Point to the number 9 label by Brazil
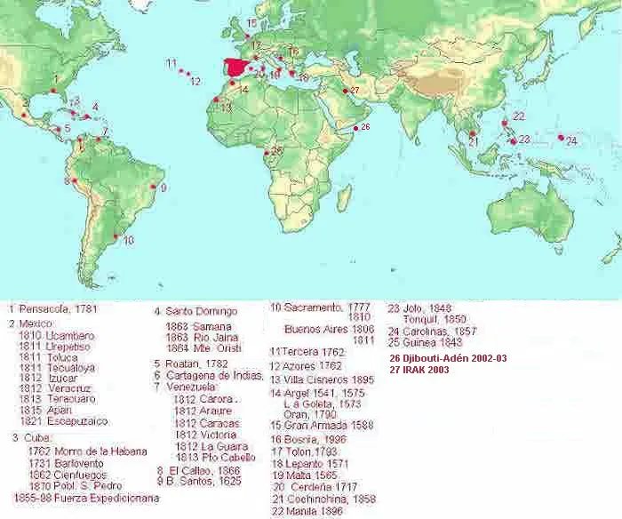pos(163,187)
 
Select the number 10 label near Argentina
pos(128,240)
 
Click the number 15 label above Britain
pos(251,22)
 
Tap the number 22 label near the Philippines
pos(518,116)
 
